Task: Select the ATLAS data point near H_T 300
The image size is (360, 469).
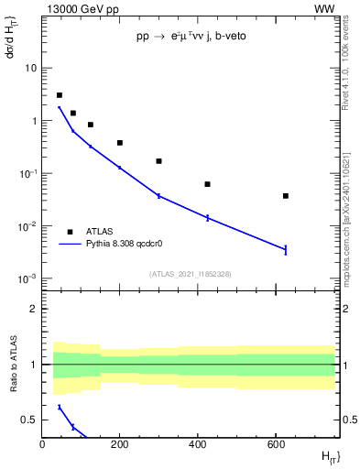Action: (159, 161)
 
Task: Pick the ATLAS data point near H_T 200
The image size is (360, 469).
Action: (120, 143)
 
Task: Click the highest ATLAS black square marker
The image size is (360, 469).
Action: (60, 95)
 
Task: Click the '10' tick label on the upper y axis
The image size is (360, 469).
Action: (31, 69)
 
